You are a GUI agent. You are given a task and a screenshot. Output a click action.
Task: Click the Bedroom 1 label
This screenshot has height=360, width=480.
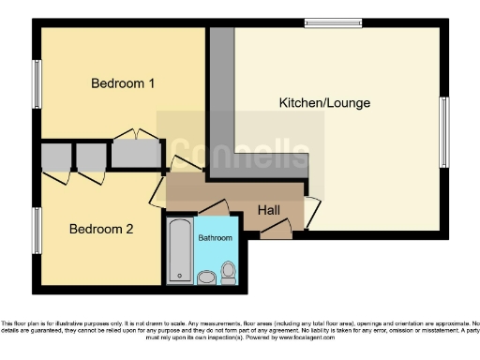pyautogui.click(x=122, y=83)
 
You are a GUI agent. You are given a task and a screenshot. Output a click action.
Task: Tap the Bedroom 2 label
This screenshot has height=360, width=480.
pyautogui.click(x=102, y=229)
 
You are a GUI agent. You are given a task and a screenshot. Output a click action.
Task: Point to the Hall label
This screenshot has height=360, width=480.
pyautogui.click(x=269, y=211)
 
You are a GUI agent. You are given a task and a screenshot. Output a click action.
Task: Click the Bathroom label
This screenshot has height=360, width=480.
pyautogui.click(x=215, y=238)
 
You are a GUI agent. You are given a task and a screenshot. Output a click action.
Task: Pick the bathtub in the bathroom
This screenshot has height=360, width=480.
pyautogui.click(x=179, y=250)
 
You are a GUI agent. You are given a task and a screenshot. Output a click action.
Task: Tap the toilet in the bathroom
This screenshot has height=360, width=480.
pyautogui.click(x=228, y=273)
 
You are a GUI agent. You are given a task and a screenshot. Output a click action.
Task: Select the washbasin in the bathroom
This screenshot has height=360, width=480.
pyautogui.click(x=205, y=277)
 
